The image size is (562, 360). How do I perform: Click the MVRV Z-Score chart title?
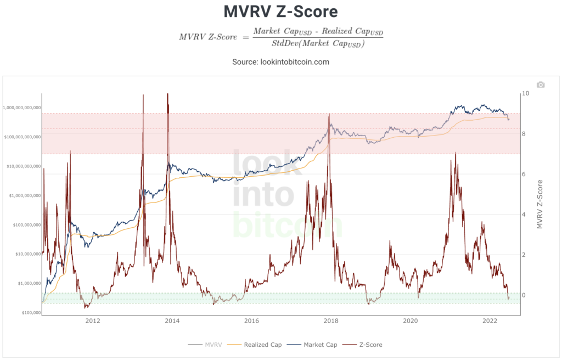pyautogui.click(x=281, y=11)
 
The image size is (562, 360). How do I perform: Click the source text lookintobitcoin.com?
pyautogui.click(x=280, y=62)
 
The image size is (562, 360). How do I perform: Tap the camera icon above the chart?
pyautogui.click(x=541, y=85)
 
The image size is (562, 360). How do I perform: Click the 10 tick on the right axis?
pyautogui.click(x=526, y=93)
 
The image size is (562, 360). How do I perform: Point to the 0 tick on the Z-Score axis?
pyautogui.click(x=524, y=295)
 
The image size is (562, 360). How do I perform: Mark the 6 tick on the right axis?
pyautogui.click(x=524, y=174)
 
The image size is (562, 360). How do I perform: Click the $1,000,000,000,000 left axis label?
pyautogui.click(x=22, y=108)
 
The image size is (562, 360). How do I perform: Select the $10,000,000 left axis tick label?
pyautogui.click(x=25, y=254)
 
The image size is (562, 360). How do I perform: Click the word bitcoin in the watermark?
pyautogui.click(x=288, y=225)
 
